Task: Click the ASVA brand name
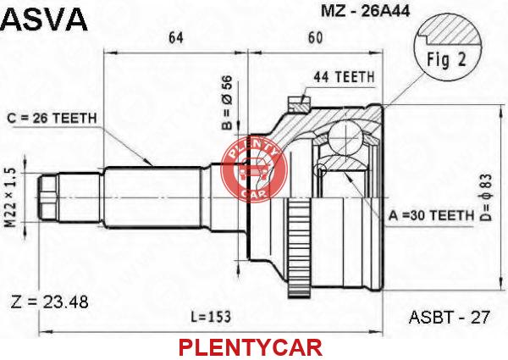coord(44,19)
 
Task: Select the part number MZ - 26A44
coord(366,11)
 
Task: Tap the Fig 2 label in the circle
coord(446,59)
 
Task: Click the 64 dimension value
coord(176,38)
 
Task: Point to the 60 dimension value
coord(315,38)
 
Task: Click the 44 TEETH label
coord(344,77)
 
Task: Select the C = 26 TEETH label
coord(52,119)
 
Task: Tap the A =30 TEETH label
coord(431,215)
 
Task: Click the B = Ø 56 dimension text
coord(227,102)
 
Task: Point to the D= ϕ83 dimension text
coord(486,197)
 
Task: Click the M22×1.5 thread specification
coord(10,198)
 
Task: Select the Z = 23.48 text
coord(50,302)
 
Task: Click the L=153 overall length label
coord(211,317)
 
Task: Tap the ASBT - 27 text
coord(450,317)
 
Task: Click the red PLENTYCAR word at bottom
coord(251,347)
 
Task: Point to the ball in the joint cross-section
coord(345,136)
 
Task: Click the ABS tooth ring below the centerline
coord(299,248)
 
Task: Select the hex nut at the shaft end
coord(47,198)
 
